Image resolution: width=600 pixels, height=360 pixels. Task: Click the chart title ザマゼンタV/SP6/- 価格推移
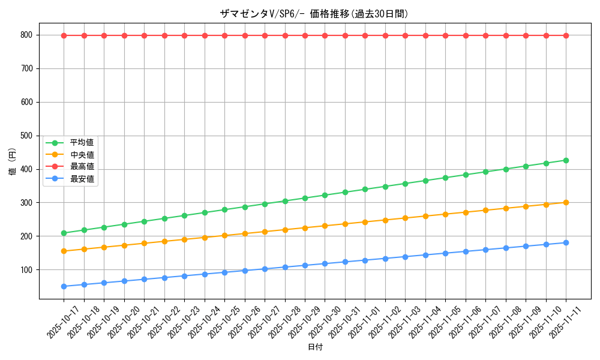point(314,14)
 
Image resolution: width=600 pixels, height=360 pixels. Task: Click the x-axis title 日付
point(315,347)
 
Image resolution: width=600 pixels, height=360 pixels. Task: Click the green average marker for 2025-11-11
point(566,160)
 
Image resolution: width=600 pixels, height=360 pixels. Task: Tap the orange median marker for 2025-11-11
point(566,202)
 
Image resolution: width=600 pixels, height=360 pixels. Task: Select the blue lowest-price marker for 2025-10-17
point(64,286)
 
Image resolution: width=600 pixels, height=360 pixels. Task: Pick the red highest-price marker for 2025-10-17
point(64,35)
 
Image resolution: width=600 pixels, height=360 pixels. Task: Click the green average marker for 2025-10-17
point(64,233)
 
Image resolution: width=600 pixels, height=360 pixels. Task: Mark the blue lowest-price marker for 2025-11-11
point(566,242)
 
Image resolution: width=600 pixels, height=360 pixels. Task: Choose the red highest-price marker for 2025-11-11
point(566,35)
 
